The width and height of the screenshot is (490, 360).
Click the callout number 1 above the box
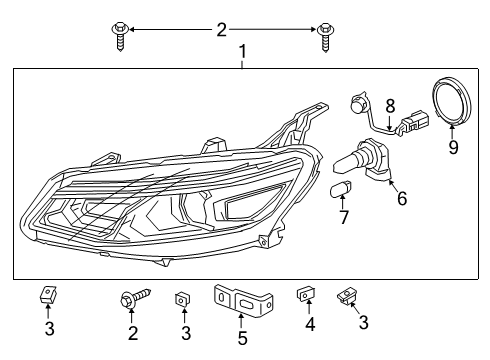click(241, 50)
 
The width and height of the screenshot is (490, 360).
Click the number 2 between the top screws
click(222, 30)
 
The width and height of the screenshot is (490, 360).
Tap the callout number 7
click(343, 217)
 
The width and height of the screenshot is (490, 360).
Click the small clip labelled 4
click(305, 296)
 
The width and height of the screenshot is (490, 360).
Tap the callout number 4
click(308, 324)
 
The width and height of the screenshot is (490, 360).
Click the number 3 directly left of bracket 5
click(185, 332)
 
